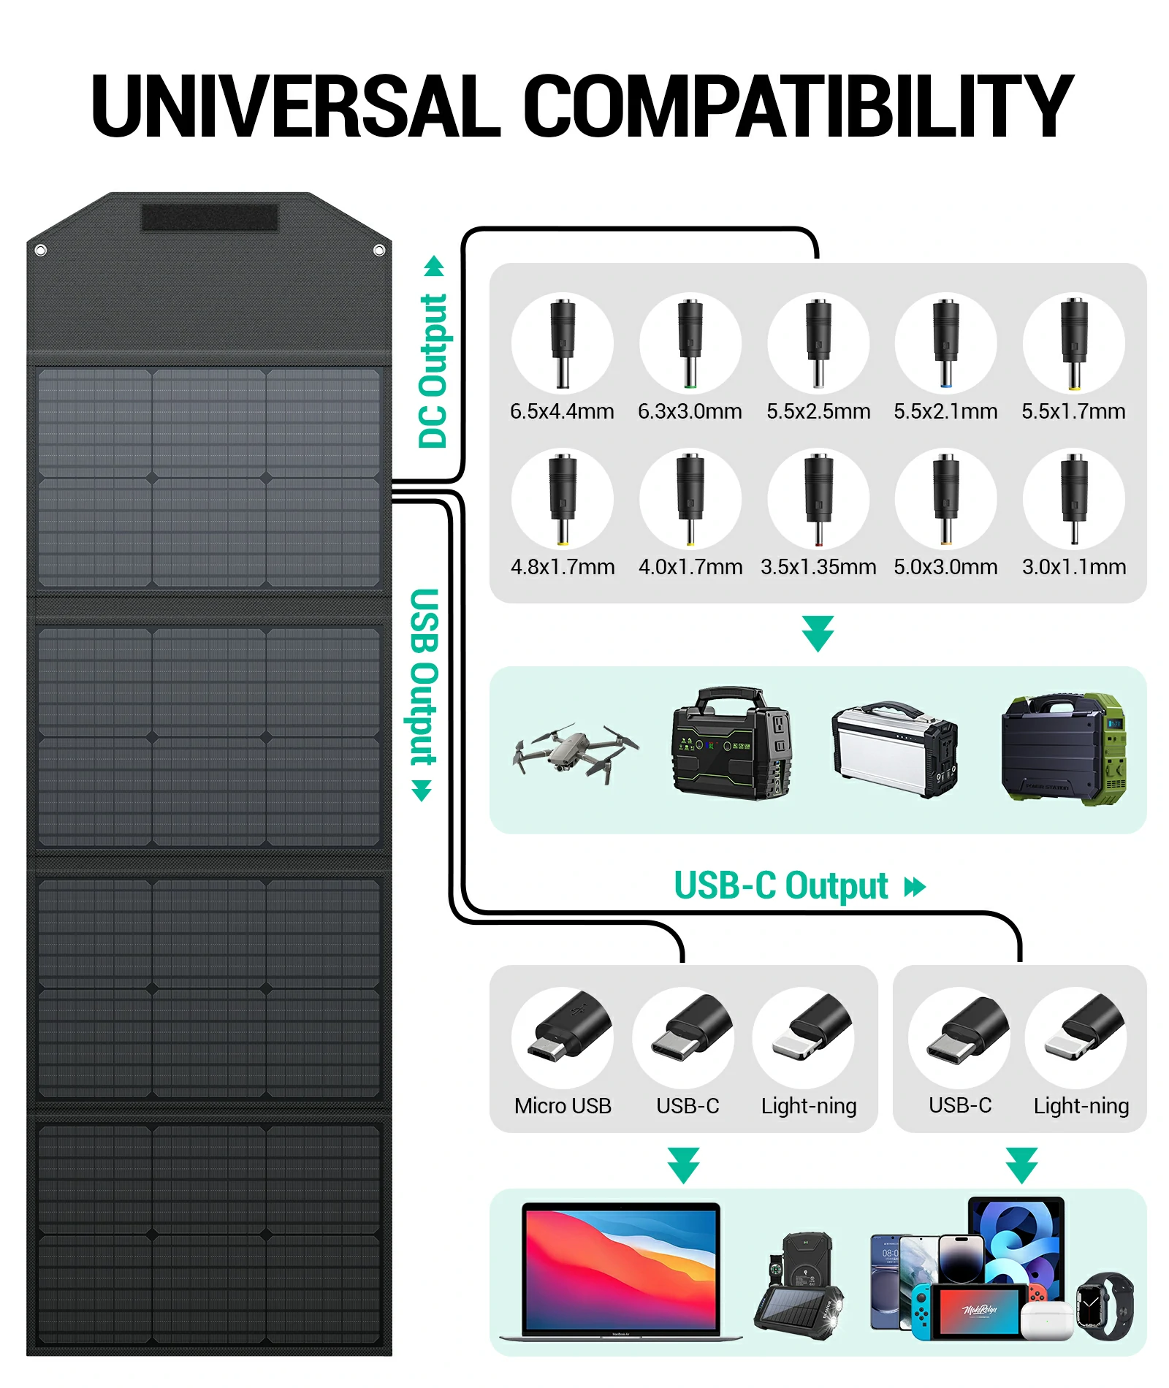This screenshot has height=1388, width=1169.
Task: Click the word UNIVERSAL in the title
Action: click(296, 106)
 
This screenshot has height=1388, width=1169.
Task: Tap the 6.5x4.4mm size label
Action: click(562, 411)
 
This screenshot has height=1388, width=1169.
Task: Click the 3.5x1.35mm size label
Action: click(818, 567)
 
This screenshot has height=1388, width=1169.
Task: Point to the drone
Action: click(574, 752)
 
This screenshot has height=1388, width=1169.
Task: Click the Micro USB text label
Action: click(563, 1106)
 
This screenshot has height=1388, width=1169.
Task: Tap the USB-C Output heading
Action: click(780, 886)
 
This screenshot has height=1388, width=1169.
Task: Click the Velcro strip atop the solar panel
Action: click(209, 218)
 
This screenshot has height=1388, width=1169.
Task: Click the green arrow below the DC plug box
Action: click(818, 633)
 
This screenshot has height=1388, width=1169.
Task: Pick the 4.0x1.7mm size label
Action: click(690, 567)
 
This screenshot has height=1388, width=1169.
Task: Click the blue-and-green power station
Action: click(1063, 749)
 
